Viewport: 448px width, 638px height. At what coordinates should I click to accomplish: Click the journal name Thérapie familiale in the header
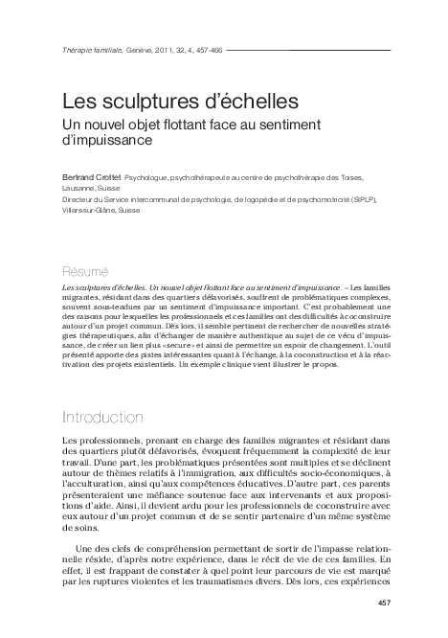point(90,50)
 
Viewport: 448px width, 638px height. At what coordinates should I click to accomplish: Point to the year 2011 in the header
point(167,50)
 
